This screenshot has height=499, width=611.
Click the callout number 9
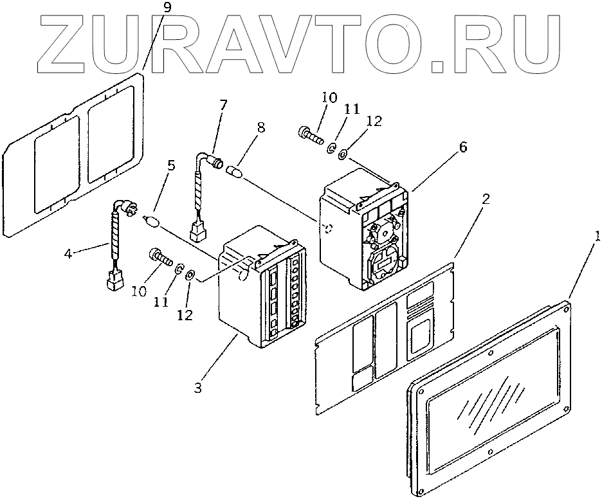150,8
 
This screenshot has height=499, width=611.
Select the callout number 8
260,127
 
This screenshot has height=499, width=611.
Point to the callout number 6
463,147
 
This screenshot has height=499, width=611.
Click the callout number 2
486,199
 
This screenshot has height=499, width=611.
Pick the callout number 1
596,237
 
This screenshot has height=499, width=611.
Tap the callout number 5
170,165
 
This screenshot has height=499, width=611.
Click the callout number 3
198,387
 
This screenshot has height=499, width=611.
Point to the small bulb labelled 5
152,222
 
